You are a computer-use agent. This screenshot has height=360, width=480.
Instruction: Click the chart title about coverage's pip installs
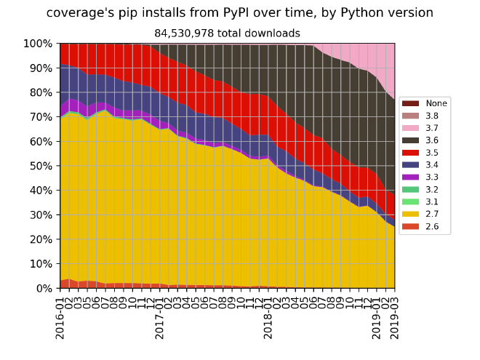coord(239,13)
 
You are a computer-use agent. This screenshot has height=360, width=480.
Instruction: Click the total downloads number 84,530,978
coord(227,33)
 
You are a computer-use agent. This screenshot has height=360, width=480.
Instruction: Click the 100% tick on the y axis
coord(37,44)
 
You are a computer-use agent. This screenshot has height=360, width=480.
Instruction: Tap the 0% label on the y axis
coord(44,289)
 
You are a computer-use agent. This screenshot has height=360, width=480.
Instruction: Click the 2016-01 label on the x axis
coord(60,316)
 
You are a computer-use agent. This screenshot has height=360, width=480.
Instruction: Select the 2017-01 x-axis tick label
coord(160,316)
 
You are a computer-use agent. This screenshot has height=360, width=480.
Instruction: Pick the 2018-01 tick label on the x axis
coord(268,316)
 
